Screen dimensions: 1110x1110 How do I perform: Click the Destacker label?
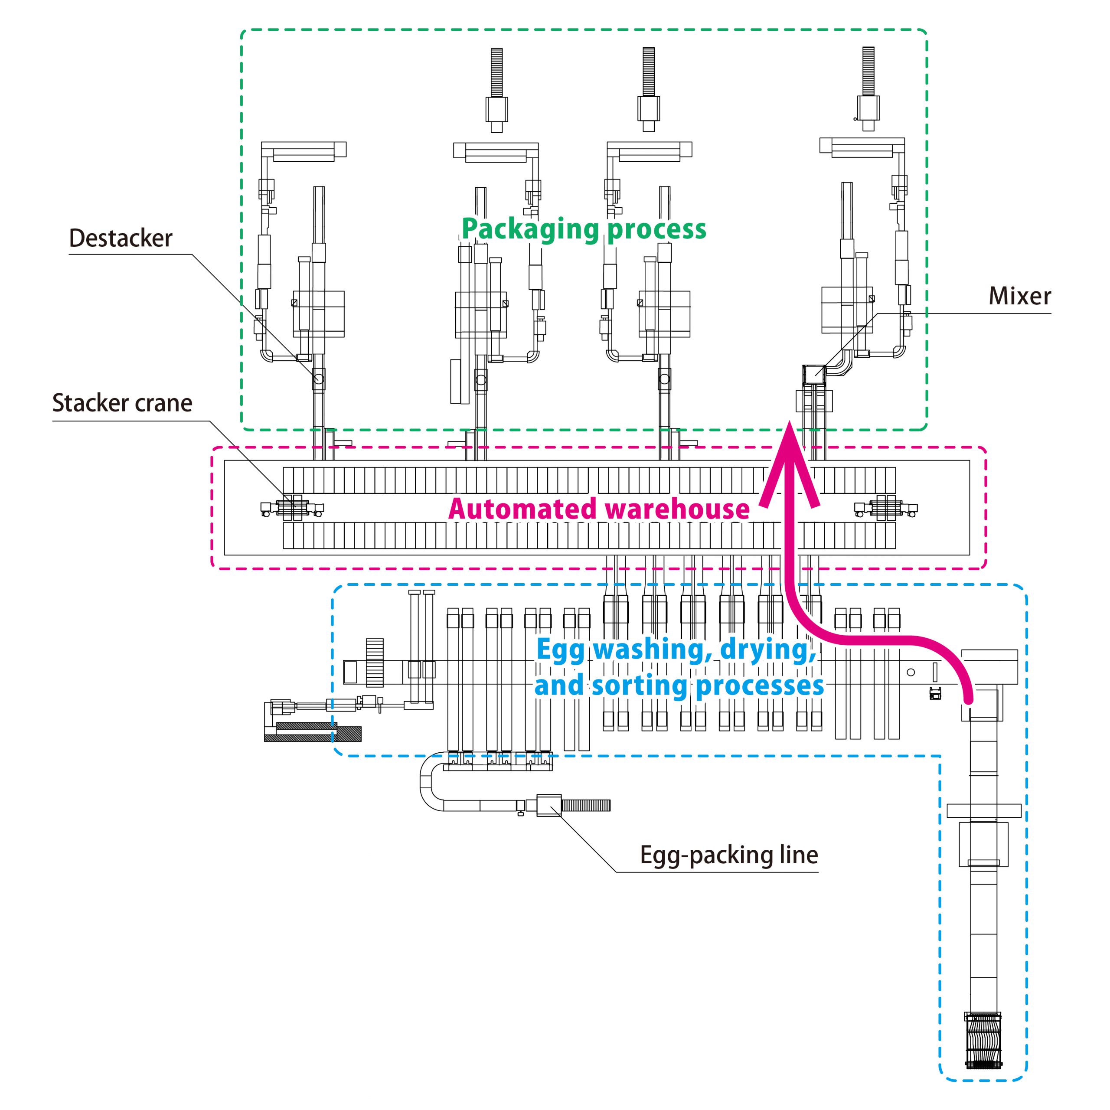tap(121, 238)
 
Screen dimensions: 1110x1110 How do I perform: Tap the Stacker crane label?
tap(122, 403)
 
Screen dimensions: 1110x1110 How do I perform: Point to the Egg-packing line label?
tap(729, 855)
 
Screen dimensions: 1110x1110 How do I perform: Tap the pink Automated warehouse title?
tap(599, 509)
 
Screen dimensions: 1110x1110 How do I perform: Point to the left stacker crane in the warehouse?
tap(292, 508)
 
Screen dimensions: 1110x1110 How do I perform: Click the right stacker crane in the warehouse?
tap(885, 508)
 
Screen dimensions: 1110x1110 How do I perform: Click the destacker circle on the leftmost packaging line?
tap(319, 379)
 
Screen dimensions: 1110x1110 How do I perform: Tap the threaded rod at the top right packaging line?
tap(868, 71)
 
